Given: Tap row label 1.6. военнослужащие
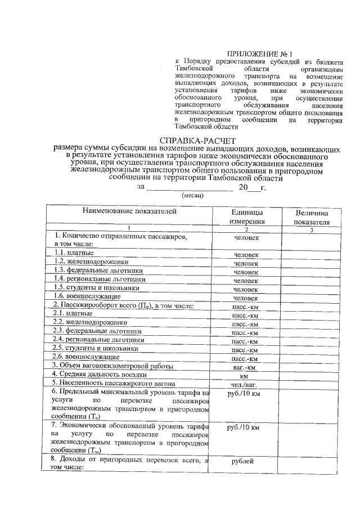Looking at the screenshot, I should [87, 296].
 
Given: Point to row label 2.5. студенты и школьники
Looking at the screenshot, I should [96, 348].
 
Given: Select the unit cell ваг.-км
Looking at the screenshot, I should [245, 367].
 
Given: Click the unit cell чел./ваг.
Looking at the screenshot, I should [245, 385].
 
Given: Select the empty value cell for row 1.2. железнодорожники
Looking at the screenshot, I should [310, 263].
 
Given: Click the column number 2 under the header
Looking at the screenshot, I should [246, 228].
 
